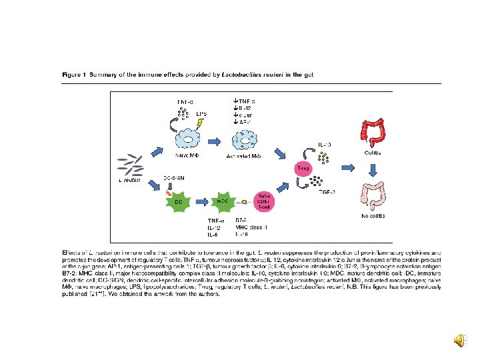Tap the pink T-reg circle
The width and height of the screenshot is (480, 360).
click(x=302, y=168)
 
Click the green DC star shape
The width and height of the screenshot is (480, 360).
click(x=179, y=201)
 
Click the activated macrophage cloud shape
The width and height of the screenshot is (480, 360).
click(x=245, y=139)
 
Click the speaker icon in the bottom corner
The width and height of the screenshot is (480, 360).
click(x=461, y=341)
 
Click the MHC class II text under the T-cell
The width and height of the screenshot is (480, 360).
click(x=251, y=227)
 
